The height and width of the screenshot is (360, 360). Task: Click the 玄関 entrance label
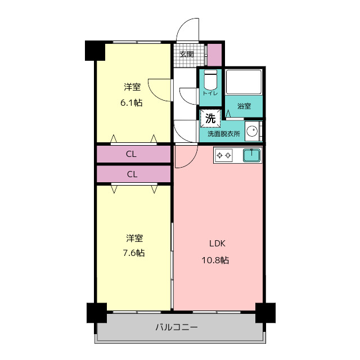[x=187, y=55]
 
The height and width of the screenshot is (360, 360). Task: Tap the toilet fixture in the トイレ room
[x=210, y=80]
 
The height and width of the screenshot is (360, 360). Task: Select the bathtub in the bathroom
[x=244, y=82]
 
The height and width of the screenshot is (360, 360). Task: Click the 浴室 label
[x=244, y=106]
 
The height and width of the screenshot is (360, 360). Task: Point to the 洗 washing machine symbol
[x=210, y=118]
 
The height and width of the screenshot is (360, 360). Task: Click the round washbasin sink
[x=252, y=131]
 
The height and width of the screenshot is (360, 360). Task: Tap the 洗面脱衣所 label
[x=224, y=134]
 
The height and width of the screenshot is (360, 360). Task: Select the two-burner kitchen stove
[x=224, y=155]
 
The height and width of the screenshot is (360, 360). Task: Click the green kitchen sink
[x=251, y=155]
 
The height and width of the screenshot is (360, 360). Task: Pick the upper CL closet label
[x=131, y=154]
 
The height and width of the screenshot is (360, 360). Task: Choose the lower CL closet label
[x=132, y=174]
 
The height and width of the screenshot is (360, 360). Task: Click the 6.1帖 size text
[x=131, y=102]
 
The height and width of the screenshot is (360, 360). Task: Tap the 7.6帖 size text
[x=134, y=253]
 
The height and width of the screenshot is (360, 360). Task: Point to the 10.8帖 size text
[x=215, y=260]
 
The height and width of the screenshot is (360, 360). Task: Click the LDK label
[x=217, y=244]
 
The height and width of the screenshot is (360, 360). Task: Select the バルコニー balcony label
[x=176, y=327]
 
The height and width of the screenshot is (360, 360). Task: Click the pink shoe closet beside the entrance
[x=214, y=55]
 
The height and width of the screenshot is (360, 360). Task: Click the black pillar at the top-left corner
[x=95, y=51]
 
